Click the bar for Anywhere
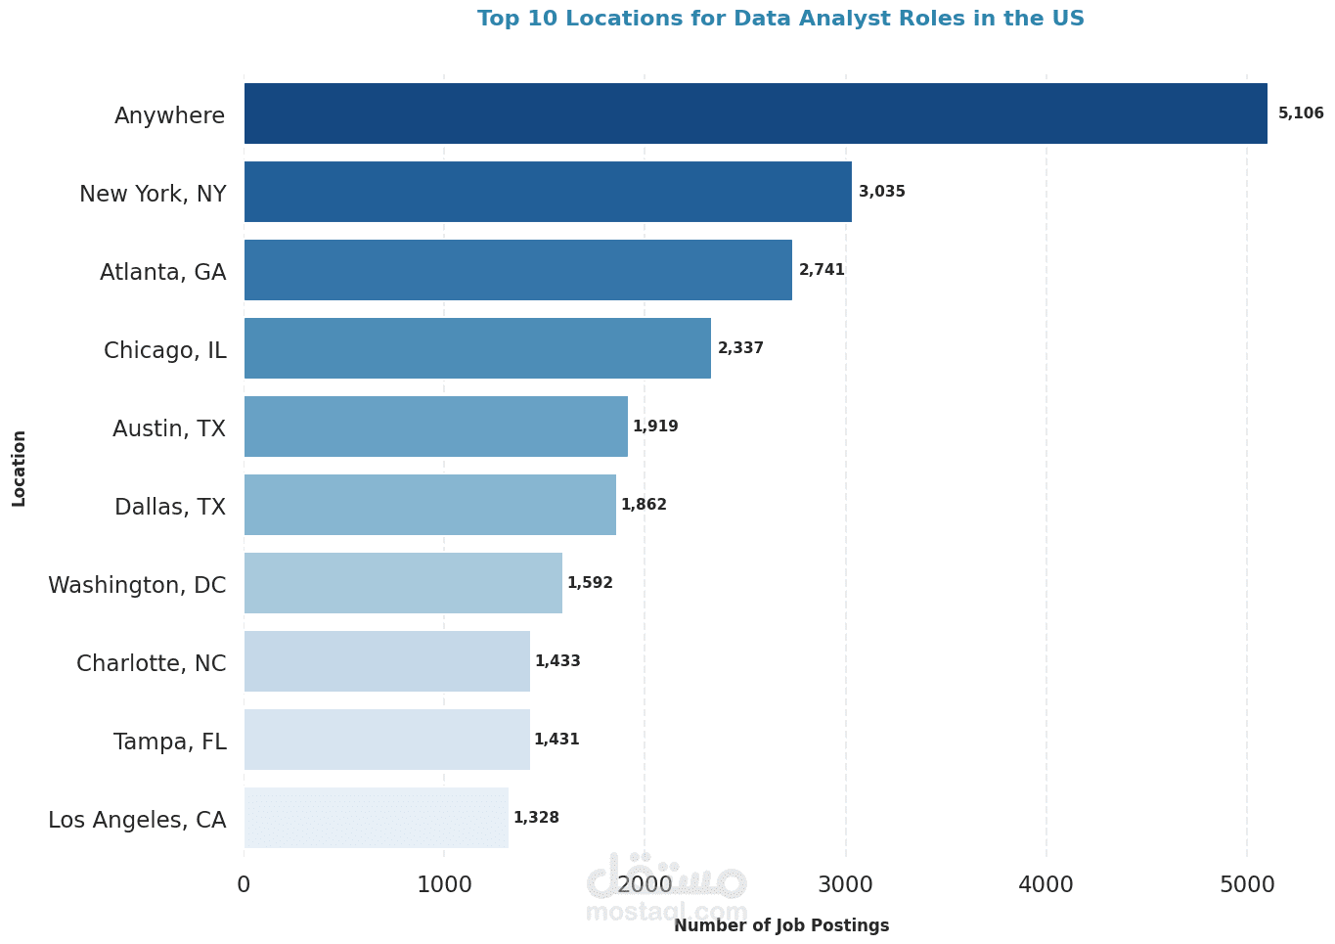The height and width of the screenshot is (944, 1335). tap(755, 113)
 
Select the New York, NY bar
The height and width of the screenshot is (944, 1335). tap(548, 192)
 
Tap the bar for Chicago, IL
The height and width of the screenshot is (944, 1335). tap(477, 348)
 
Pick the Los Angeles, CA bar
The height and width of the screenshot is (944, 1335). tap(377, 818)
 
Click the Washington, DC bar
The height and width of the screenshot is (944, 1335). tap(403, 583)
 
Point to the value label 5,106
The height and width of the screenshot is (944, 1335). tap(1301, 113)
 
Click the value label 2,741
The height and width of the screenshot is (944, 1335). tap(822, 270)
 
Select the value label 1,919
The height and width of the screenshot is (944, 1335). tap(655, 427)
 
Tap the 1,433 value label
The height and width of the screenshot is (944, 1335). tap(557, 661)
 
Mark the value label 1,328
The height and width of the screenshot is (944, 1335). tap(536, 818)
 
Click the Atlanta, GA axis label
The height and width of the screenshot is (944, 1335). tap(163, 272)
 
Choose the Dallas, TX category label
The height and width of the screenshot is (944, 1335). tap(170, 507)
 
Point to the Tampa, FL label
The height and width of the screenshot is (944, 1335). tap(170, 742)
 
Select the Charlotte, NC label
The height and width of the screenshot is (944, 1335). tap(152, 663)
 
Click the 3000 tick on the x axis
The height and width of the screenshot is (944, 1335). tap(846, 884)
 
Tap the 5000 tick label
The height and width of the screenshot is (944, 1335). tap(1247, 884)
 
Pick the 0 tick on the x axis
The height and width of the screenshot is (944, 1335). tap(244, 884)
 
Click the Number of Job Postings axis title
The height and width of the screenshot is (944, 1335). tap(781, 925)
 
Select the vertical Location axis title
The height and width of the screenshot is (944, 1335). tap(20, 468)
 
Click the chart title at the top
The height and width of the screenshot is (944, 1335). tap(780, 19)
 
